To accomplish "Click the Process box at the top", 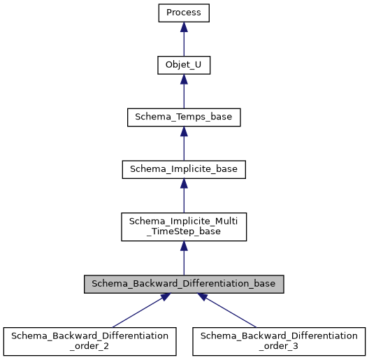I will coord(184,13).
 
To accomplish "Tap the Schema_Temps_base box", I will coord(184,117).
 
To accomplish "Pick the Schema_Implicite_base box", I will coord(184,169).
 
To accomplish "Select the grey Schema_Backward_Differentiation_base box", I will coord(184,285).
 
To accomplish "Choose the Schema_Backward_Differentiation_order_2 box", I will coord(89,341).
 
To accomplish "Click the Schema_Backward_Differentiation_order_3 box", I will coord(278,341).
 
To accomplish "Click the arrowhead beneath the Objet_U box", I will coord(184,80).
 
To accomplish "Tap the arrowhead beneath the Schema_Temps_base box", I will coord(184,132).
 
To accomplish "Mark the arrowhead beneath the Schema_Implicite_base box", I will coord(184,184).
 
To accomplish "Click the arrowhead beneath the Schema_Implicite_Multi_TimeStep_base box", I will coord(184,247).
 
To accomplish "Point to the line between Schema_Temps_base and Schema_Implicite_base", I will coord(184,149).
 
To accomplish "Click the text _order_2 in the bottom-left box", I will coord(89,347).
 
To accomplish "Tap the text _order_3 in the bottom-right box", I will coord(278,347).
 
